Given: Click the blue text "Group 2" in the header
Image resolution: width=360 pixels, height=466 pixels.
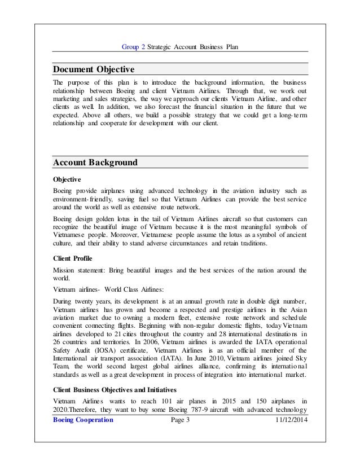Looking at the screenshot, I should (133, 47).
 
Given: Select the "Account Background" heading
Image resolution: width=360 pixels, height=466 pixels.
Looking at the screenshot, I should (95, 163).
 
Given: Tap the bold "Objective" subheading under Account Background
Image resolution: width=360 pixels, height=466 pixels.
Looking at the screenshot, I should (67, 178).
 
